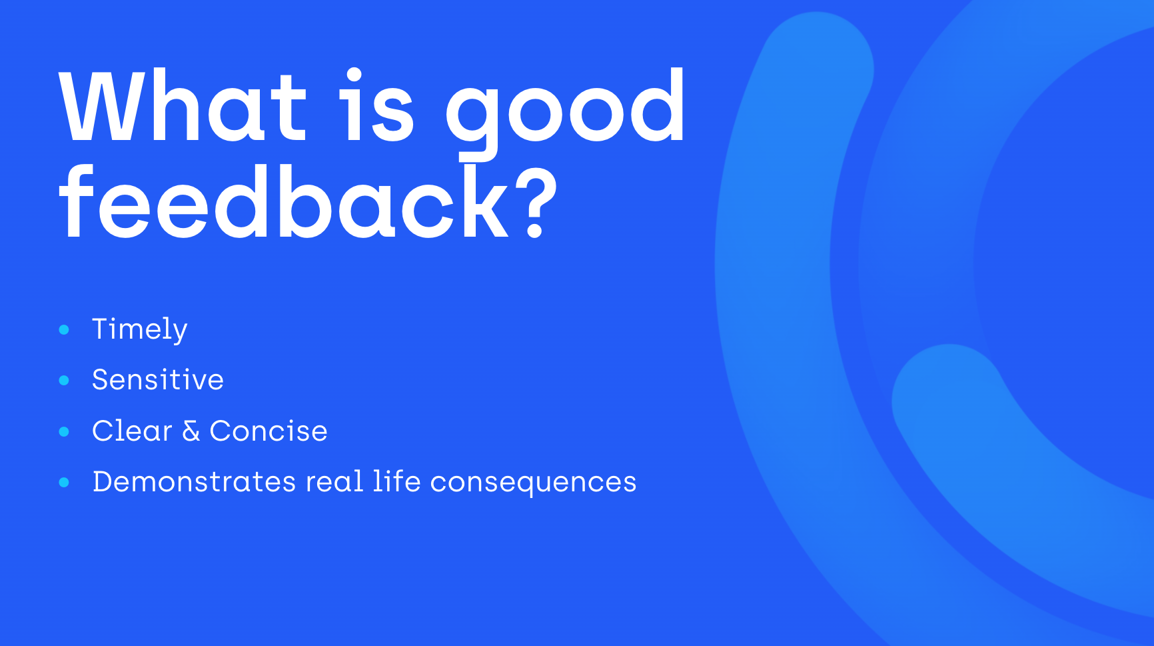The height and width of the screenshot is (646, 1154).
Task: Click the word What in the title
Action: click(x=183, y=105)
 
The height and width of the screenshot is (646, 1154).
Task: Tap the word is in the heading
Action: click(x=377, y=105)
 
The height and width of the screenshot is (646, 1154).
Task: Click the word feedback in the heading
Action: click(x=285, y=202)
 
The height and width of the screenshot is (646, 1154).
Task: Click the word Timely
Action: click(x=139, y=330)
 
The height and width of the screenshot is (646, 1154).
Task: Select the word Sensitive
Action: click(x=158, y=379)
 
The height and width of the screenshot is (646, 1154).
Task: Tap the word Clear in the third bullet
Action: click(x=132, y=431)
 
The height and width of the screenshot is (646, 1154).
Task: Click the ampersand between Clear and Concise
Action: click(x=191, y=431)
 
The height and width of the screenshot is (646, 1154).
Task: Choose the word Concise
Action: click(x=269, y=431)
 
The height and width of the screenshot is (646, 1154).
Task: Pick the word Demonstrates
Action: click(x=194, y=481)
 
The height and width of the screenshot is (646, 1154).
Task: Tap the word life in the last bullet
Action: click(x=397, y=481)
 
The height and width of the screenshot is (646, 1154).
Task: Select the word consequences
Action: click(x=534, y=483)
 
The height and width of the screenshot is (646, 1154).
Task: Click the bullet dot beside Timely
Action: click(x=64, y=329)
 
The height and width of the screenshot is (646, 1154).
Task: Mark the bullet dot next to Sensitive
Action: click(x=64, y=380)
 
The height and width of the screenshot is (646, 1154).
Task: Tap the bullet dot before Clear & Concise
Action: click(x=64, y=431)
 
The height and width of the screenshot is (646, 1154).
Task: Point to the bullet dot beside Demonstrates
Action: click(x=64, y=482)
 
